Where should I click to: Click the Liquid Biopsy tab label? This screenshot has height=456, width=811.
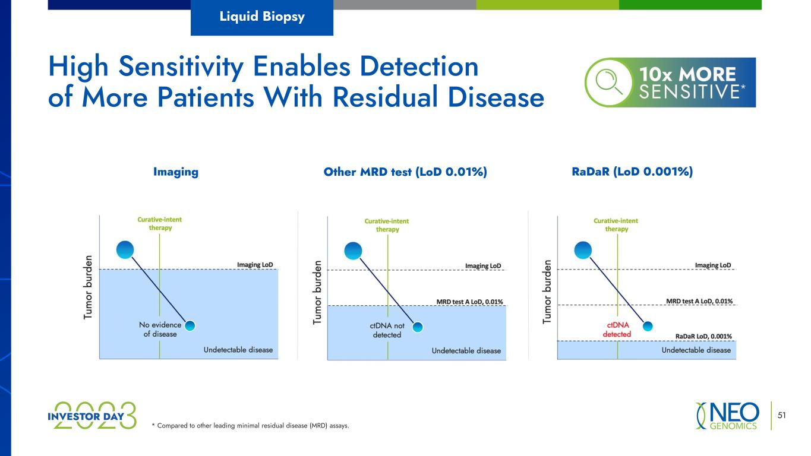[262, 17]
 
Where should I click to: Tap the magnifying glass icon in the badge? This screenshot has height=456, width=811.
[608, 82]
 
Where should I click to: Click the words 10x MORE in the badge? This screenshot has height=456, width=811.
[687, 74]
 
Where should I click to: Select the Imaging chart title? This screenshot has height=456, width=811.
[176, 172]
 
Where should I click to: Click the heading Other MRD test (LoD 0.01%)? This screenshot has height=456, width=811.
[405, 172]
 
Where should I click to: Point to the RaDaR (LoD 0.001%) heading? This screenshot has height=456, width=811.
[632, 172]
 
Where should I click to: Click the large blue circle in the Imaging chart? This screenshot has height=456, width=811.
[125, 250]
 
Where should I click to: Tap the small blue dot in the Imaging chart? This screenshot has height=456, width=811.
[190, 326]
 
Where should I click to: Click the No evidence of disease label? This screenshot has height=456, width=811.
[160, 330]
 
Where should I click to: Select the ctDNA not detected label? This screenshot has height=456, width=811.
[387, 330]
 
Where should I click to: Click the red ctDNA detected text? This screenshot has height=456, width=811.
[617, 330]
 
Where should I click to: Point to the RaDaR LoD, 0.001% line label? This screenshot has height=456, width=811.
[703, 336]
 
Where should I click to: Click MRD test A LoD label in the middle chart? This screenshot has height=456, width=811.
[469, 302]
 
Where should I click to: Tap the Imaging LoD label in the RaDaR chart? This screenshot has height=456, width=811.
[713, 265]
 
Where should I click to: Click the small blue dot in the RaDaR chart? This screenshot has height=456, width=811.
[648, 327]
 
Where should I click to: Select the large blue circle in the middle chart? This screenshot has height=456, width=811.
[353, 251]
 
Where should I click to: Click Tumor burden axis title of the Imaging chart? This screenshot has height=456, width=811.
[88, 287]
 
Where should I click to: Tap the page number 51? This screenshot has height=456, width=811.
[782, 415]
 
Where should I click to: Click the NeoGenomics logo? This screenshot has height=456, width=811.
[727, 416]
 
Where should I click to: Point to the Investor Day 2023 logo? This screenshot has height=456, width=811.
[92, 416]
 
